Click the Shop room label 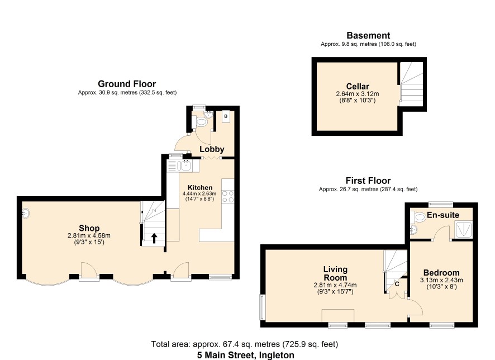89,228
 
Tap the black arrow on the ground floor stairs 154,239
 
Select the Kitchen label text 200,188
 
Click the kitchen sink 185,165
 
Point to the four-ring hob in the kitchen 228,196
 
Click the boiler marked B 226,116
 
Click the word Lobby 212,149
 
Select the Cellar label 358,86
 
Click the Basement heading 368,35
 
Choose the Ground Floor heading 127,84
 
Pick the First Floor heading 368,181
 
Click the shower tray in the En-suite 463,229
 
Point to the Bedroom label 441,273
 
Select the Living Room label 335,273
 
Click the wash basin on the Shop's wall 26,214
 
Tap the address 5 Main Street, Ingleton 246,355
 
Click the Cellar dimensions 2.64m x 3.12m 358,94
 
